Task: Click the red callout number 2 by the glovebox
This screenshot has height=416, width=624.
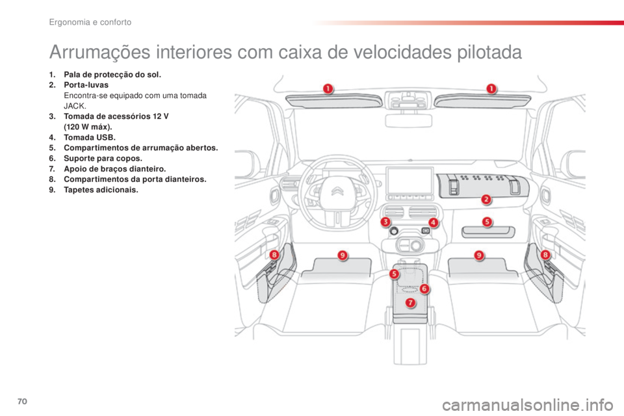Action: click(486, 199)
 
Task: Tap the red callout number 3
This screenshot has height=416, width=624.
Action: click(385, 222)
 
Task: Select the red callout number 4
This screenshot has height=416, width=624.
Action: click(433, 222)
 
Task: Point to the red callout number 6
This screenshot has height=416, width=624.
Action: click(424, 289)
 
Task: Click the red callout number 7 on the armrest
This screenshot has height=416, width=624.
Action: click(410, 303)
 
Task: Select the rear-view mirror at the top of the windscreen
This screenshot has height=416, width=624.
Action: click(408, 120)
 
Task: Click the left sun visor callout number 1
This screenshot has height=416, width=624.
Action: click(328, 88)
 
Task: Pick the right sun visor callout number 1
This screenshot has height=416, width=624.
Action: click(491, 88)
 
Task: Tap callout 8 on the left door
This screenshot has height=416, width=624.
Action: click(274, 254)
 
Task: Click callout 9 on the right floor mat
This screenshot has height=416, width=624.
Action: click(479, 255)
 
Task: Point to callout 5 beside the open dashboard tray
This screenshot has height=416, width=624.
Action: click(487, 222)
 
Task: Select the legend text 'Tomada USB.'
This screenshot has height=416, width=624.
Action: click(90, 137)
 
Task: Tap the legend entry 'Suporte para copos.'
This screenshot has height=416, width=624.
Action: click(103, 158)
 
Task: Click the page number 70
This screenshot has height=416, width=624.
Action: click(22, 401)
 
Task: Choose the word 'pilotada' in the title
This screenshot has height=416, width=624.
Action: click(489, 52)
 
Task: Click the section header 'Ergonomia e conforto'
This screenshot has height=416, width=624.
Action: click(90, 22)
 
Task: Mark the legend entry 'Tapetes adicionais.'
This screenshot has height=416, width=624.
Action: click(101, 190)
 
